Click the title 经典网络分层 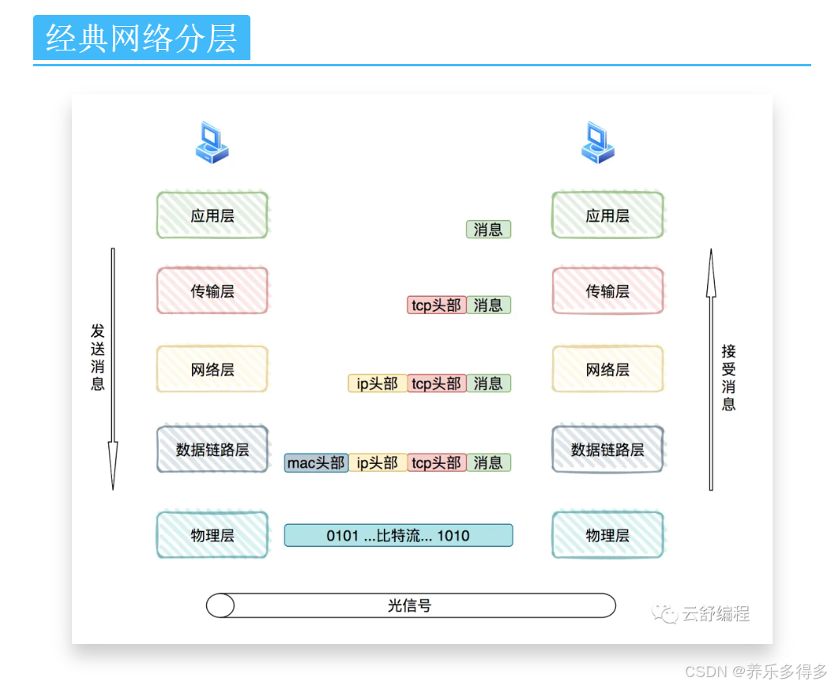141,38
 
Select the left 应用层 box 212,215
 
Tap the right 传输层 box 607,291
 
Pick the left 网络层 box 212,369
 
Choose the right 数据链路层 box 607,450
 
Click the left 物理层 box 212,535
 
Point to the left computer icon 212,143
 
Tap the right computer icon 598,143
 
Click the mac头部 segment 316,463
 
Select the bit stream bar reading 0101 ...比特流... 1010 398,536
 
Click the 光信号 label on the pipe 410,605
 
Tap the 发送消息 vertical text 98,357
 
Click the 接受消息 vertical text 728,377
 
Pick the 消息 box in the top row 488,230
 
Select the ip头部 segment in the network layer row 377,384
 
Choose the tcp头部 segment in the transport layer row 436,305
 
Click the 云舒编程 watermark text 715,613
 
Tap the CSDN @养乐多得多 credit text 755,672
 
